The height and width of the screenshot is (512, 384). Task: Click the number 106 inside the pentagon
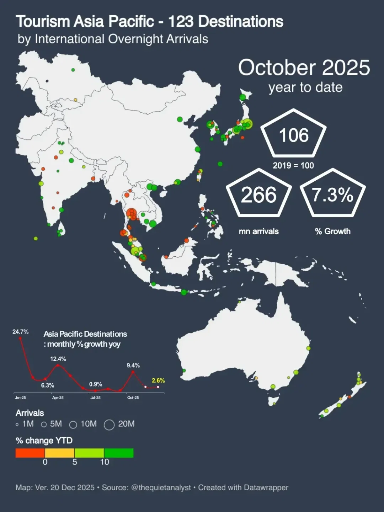tap(294, 135)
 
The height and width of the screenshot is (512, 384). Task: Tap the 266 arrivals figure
tap(258, 195)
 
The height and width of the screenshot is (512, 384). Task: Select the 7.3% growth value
tap(332, 195)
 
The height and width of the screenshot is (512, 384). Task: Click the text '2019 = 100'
tap(293, 165)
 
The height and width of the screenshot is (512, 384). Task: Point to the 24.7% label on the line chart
tap(20, 332)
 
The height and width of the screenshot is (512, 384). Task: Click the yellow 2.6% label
tap(158, 380)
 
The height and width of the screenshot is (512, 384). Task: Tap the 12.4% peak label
tap(58, 359)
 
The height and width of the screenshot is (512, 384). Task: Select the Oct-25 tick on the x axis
tap(133, 398)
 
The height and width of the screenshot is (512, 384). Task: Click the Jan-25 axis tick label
tap(20, 398)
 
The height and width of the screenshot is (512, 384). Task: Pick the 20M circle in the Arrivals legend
tap(109, 425)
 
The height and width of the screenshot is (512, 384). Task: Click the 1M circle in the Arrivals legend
tap(17, 425)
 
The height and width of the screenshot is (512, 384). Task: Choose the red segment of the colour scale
tap(30, 453)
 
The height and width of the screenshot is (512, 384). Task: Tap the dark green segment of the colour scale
tap(119, 453)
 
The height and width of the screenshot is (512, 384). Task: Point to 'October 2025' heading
tap(304, 68)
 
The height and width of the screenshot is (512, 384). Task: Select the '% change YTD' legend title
tap(44, 441)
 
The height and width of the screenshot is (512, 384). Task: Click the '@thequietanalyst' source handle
tap(161, 487)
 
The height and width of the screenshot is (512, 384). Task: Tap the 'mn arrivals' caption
tap(258, 231)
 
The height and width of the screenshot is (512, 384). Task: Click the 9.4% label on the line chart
tap(133, 365)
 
